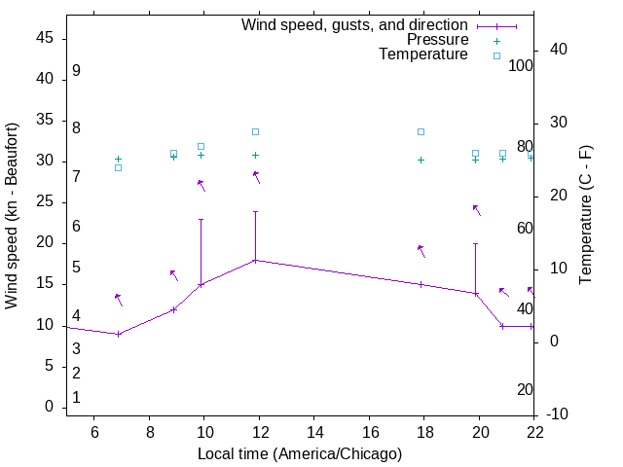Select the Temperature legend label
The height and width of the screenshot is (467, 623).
[x=423, y=54]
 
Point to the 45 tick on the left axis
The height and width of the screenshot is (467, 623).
[x=45, y=38]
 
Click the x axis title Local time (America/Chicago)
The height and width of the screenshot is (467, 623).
[x=300, y=453]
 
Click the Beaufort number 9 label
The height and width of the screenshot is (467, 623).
[x=76, y=71]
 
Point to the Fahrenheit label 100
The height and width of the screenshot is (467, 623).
[x=521, y=66]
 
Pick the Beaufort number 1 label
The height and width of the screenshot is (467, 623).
[x=76, y=397]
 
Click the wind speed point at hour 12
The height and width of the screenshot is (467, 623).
[x=255, y=261]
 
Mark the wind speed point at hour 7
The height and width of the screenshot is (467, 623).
[x=118, y=334]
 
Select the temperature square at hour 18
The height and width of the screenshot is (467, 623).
[x=421, y=131]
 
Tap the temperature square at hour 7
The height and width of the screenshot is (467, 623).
[x=118, y=167]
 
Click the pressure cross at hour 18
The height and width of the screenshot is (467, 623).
[x=421, y=160]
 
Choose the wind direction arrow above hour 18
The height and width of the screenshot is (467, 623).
[x=421, y=251]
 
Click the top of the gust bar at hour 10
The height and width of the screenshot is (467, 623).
[x=201, y=220]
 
